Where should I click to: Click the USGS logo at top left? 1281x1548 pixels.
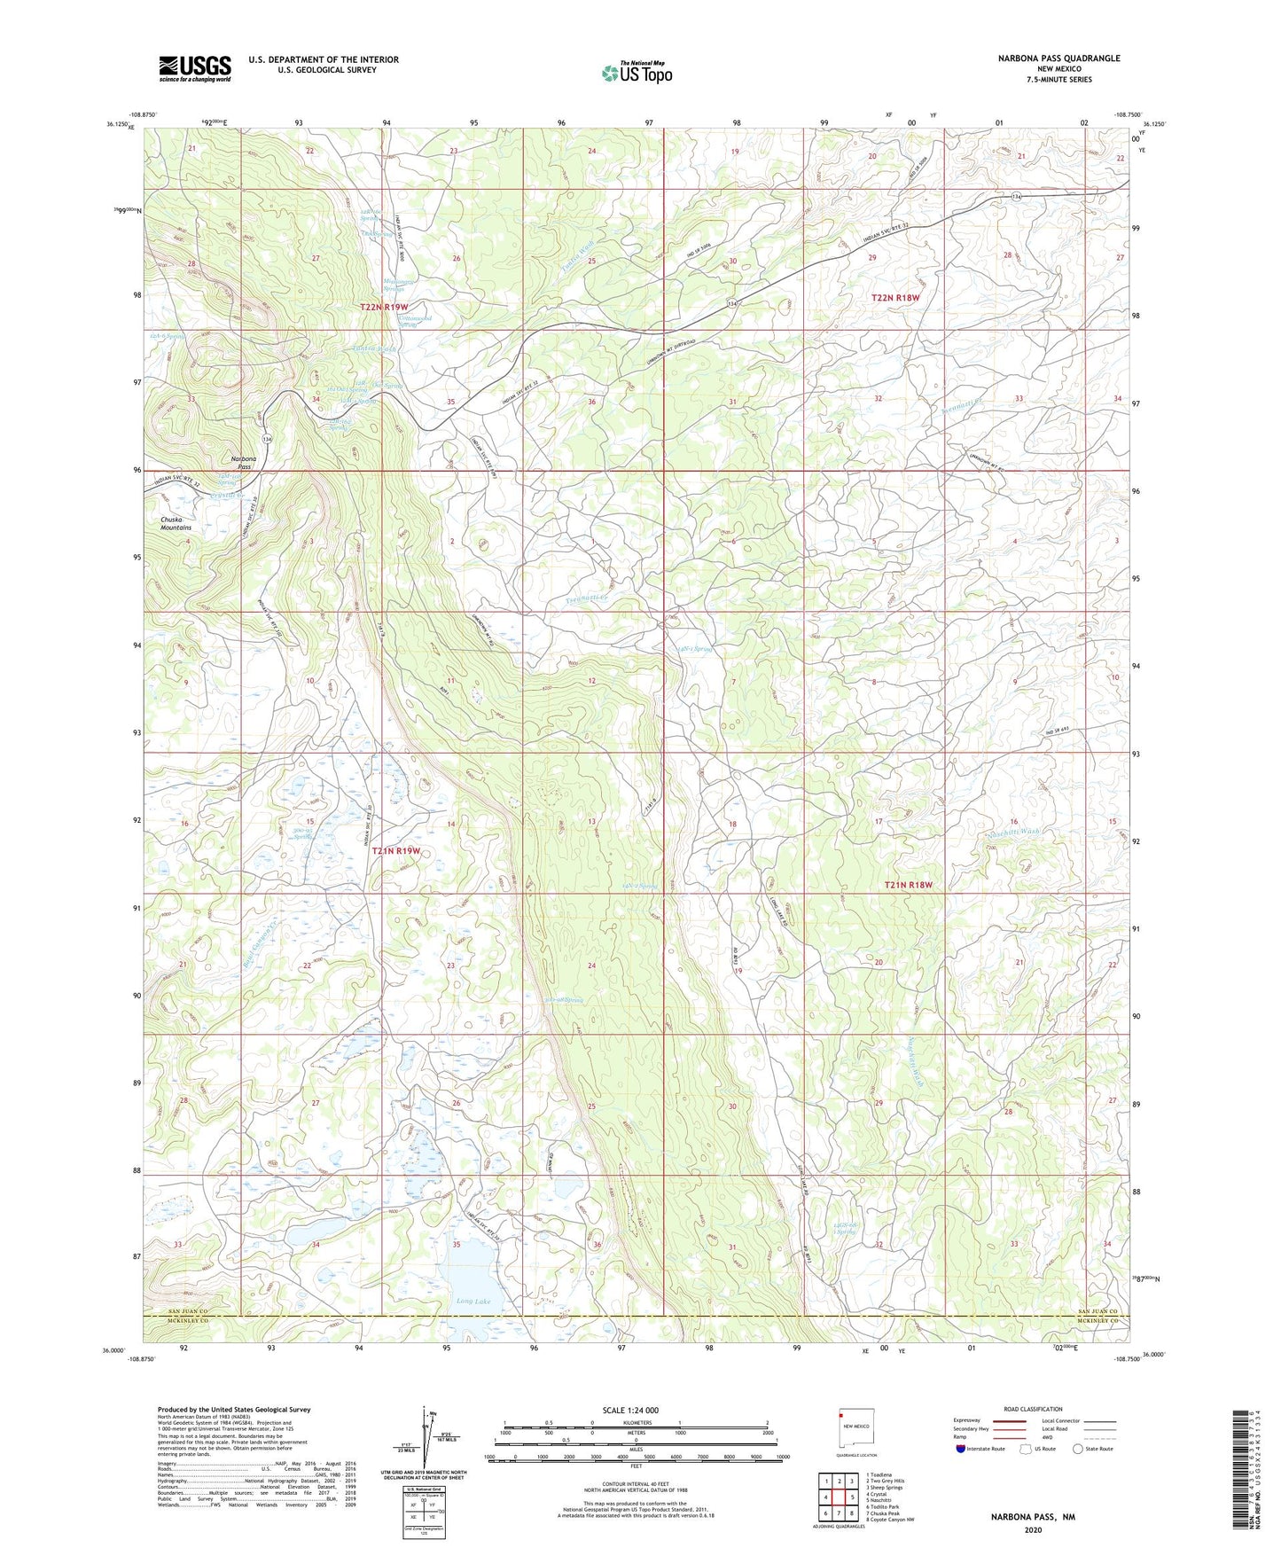195,67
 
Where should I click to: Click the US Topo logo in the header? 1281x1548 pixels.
636,73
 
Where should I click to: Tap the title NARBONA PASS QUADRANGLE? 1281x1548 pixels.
1046,59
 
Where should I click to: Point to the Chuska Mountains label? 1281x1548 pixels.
176,524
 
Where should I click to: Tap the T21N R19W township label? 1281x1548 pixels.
395,851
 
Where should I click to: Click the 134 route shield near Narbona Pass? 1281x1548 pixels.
267,439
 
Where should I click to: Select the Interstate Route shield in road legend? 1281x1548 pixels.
961,1449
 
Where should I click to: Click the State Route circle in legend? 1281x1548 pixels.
1078,1449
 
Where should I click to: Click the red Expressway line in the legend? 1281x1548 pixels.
1012,1420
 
